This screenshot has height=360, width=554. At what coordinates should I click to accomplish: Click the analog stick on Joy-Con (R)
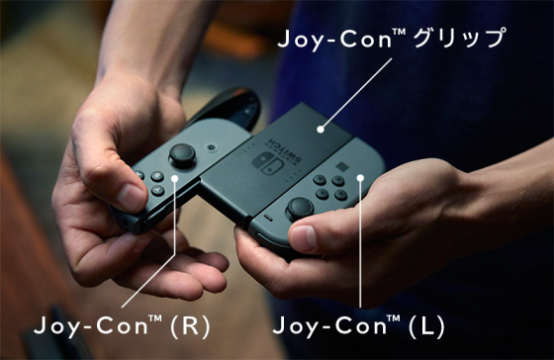click(x=182, y=154)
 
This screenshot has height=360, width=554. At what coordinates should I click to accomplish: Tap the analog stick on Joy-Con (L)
click(x=300, y=209)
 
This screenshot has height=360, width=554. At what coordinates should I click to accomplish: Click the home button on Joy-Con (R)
click(x=212, y=146)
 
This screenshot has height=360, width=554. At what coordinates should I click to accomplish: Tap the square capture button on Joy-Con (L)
click(x=341, y=166)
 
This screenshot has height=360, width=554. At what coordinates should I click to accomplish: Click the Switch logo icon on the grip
click(x=268, y=163)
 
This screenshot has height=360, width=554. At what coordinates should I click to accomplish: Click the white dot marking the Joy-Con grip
click(x=321, y=130)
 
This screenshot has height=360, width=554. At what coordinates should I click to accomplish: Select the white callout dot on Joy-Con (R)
click(x=174, y=178)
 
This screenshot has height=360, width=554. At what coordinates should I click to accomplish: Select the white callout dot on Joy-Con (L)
click(x=360, y=178)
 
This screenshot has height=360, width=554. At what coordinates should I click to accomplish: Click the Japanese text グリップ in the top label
click(x=459, y=38)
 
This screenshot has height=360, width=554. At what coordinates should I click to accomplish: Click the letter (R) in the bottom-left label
click(x=190, y=325)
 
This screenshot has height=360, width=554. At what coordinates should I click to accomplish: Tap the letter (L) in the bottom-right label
click(x=426, y=325)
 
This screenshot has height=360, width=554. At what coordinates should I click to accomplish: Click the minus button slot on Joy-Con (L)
click(x=268, y=218)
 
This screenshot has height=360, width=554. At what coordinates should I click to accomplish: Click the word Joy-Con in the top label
click(x=334, y=40)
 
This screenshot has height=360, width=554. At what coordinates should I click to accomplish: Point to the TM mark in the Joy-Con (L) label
click(x=394, y=317)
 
